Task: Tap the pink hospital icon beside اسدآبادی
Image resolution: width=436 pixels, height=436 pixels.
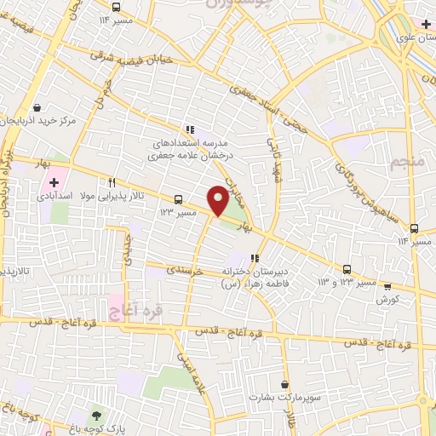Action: click(x=53, y=181)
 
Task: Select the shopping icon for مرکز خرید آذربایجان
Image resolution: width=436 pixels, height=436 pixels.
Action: click(x=37, y=108)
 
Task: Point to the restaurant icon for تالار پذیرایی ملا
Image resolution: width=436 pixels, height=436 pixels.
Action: click(x=112, y=182)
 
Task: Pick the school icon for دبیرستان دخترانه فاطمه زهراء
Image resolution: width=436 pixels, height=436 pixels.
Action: click(x=254, y=258)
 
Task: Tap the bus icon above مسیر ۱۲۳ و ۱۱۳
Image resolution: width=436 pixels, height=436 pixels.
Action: click(x=347, y=268)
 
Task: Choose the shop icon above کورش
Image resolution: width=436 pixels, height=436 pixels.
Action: click(x=387, y=287)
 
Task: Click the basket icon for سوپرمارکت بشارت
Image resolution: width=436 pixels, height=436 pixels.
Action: click(x=284, y=385)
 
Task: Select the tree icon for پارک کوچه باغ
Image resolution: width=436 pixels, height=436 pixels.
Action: click(x=96, y=415)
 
